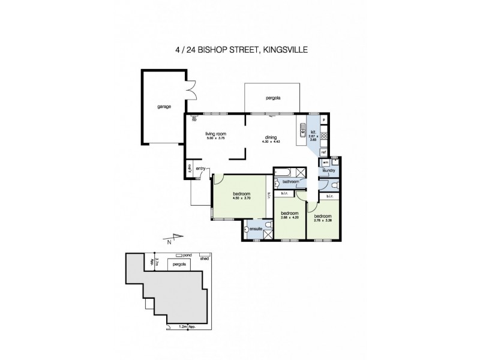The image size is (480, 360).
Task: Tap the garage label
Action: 164,107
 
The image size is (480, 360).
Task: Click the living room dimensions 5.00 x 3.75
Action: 214,139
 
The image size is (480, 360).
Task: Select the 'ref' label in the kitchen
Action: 323,153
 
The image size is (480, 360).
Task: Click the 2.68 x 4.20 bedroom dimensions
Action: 290,218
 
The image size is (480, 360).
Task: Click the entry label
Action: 200,169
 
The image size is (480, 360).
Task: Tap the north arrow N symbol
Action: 170,241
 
